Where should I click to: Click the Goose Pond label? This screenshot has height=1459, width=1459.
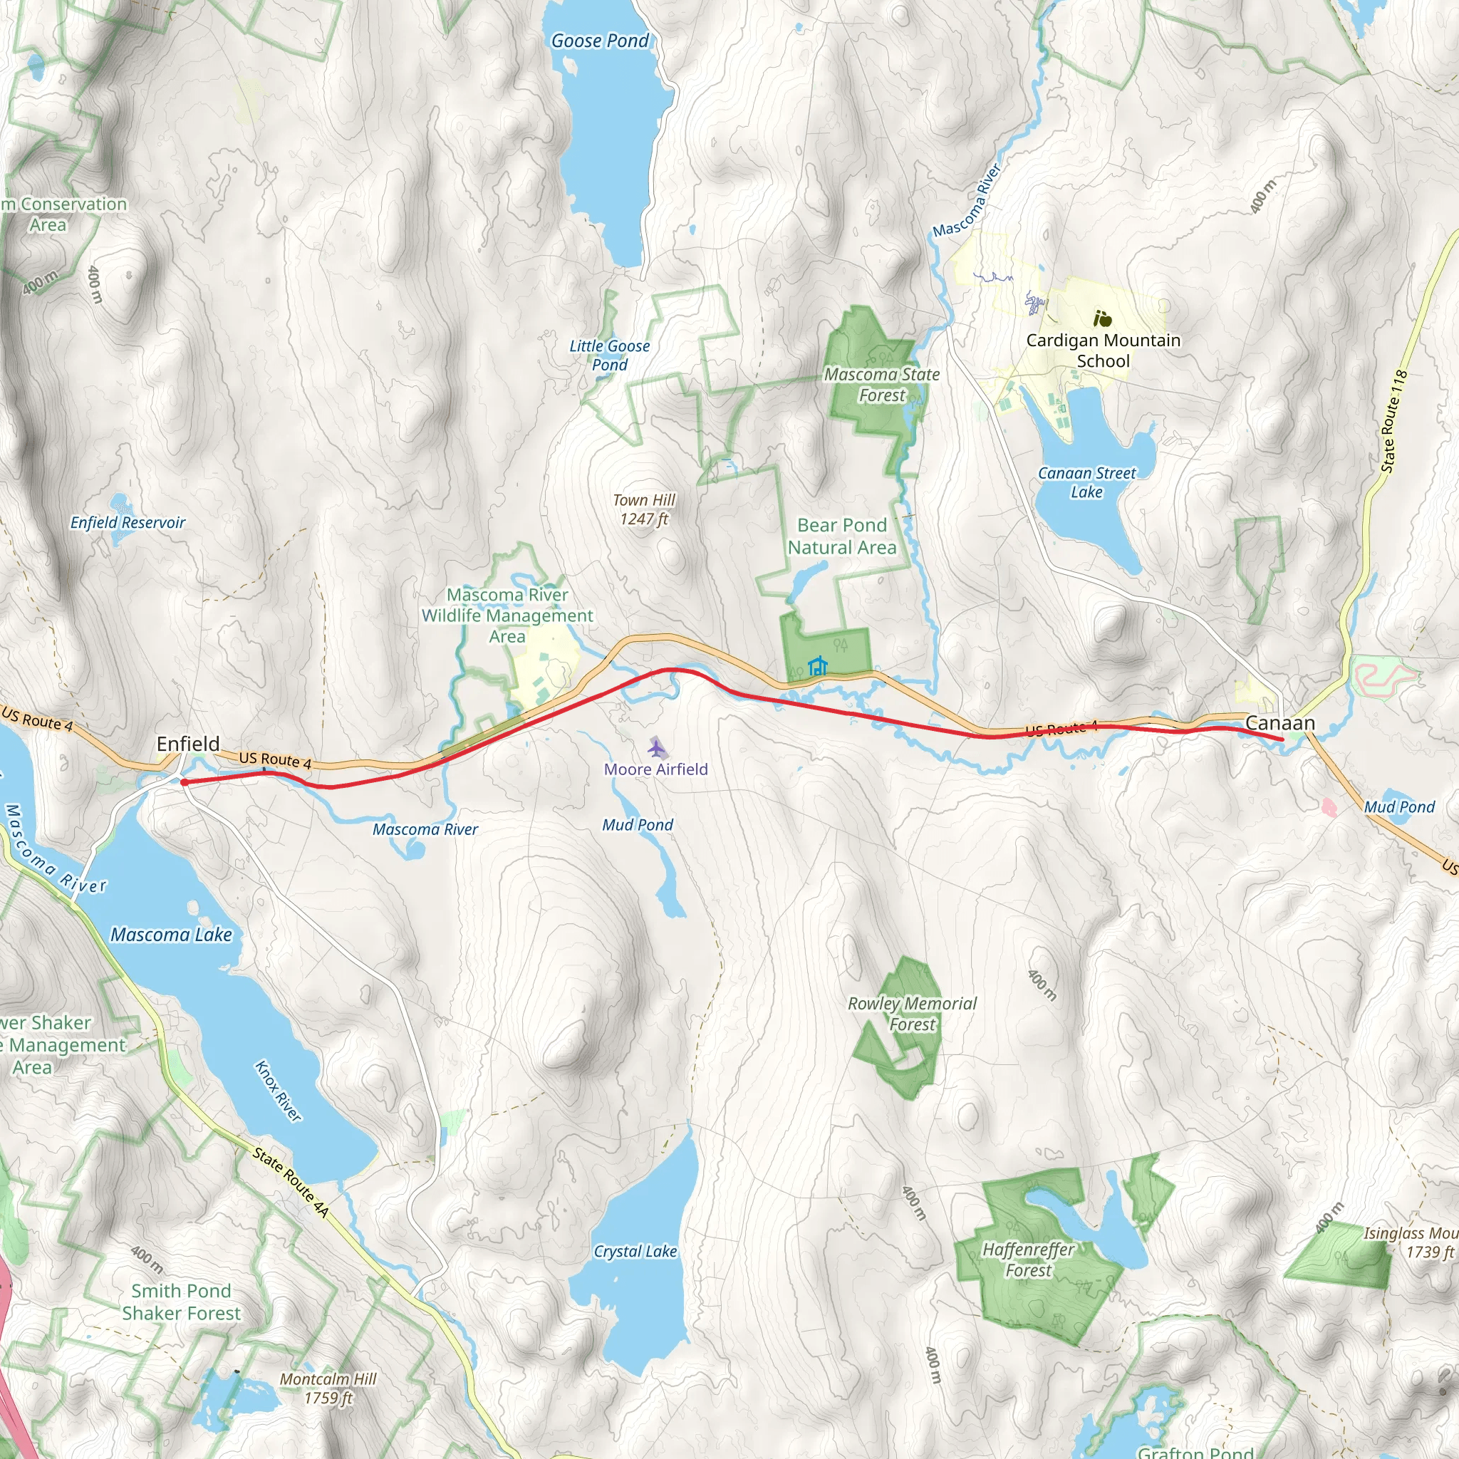[600, 41]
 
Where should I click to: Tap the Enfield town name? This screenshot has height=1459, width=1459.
[188, 744]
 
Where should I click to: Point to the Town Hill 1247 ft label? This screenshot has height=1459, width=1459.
[643, 510]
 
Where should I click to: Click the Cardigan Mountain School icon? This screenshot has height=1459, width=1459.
[1102, 318]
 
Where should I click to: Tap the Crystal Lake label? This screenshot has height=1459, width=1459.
[635, 1251]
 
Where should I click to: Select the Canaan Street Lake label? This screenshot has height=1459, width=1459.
[1086, 482]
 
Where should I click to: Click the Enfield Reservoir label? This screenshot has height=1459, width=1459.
[128, 523]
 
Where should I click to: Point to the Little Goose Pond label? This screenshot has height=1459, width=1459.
[609, 355]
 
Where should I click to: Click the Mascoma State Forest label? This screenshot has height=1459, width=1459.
[881, 385]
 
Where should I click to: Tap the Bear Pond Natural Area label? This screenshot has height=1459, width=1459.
[842, 536]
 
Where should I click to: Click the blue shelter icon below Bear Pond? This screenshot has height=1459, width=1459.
[818, 666]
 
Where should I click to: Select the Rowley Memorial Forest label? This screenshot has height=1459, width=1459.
[913, 1014]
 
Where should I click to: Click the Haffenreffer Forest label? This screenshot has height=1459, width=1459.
[1028, 1260]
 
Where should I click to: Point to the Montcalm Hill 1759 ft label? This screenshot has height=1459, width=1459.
[328, 1388]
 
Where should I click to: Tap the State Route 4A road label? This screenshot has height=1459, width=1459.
[291, 1183]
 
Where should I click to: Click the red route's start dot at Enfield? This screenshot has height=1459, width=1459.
[185, 782]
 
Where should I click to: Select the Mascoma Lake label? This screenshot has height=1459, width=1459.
[172, 935]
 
